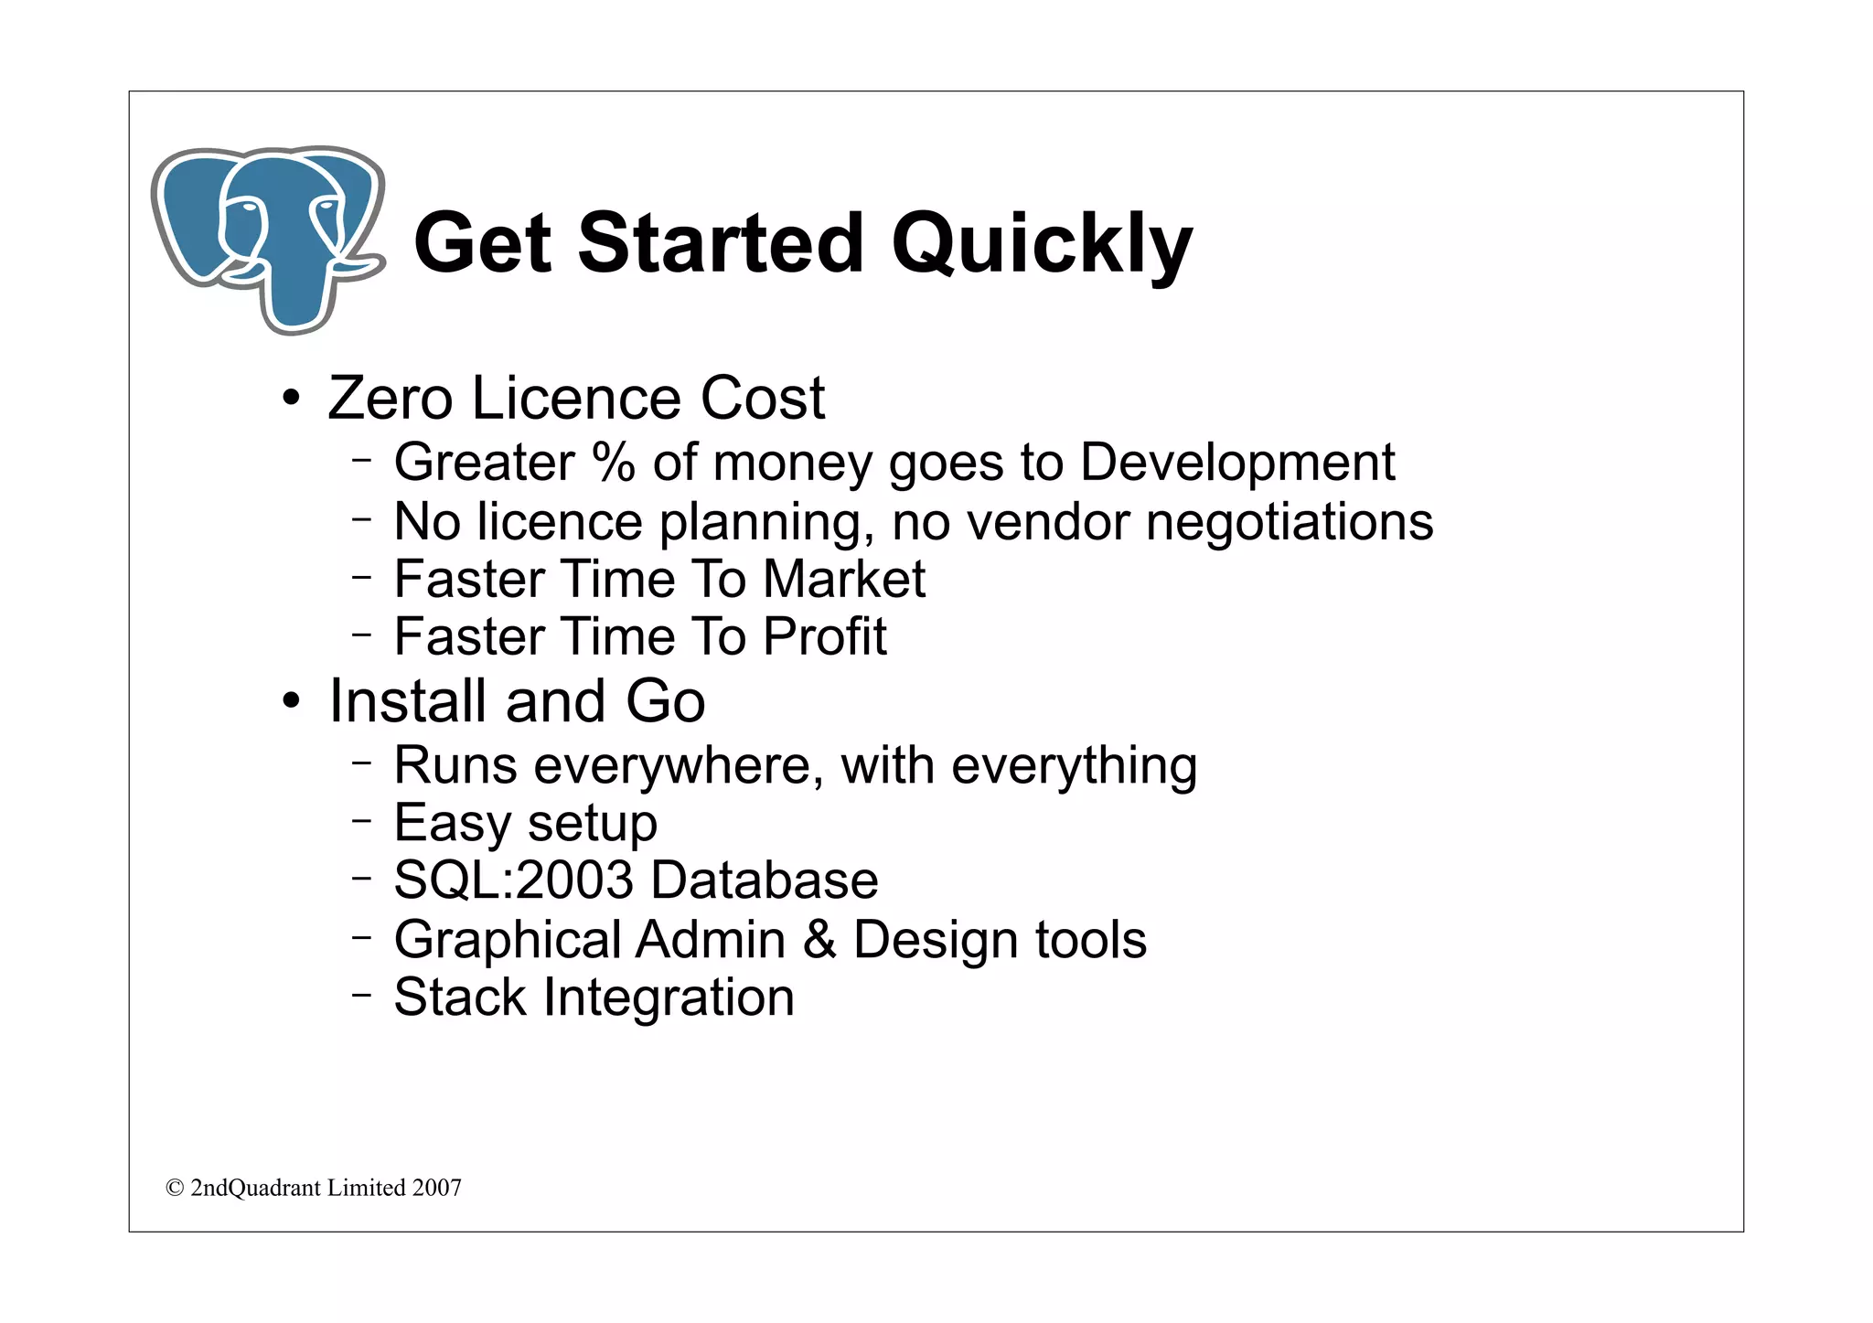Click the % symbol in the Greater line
613,462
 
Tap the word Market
843,580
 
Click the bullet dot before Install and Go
291,702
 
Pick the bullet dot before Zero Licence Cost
291,400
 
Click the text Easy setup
525,823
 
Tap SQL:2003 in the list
513,880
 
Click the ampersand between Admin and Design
819,940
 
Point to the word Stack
460,998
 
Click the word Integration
669,998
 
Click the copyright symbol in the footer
175,1188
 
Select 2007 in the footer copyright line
436,1188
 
